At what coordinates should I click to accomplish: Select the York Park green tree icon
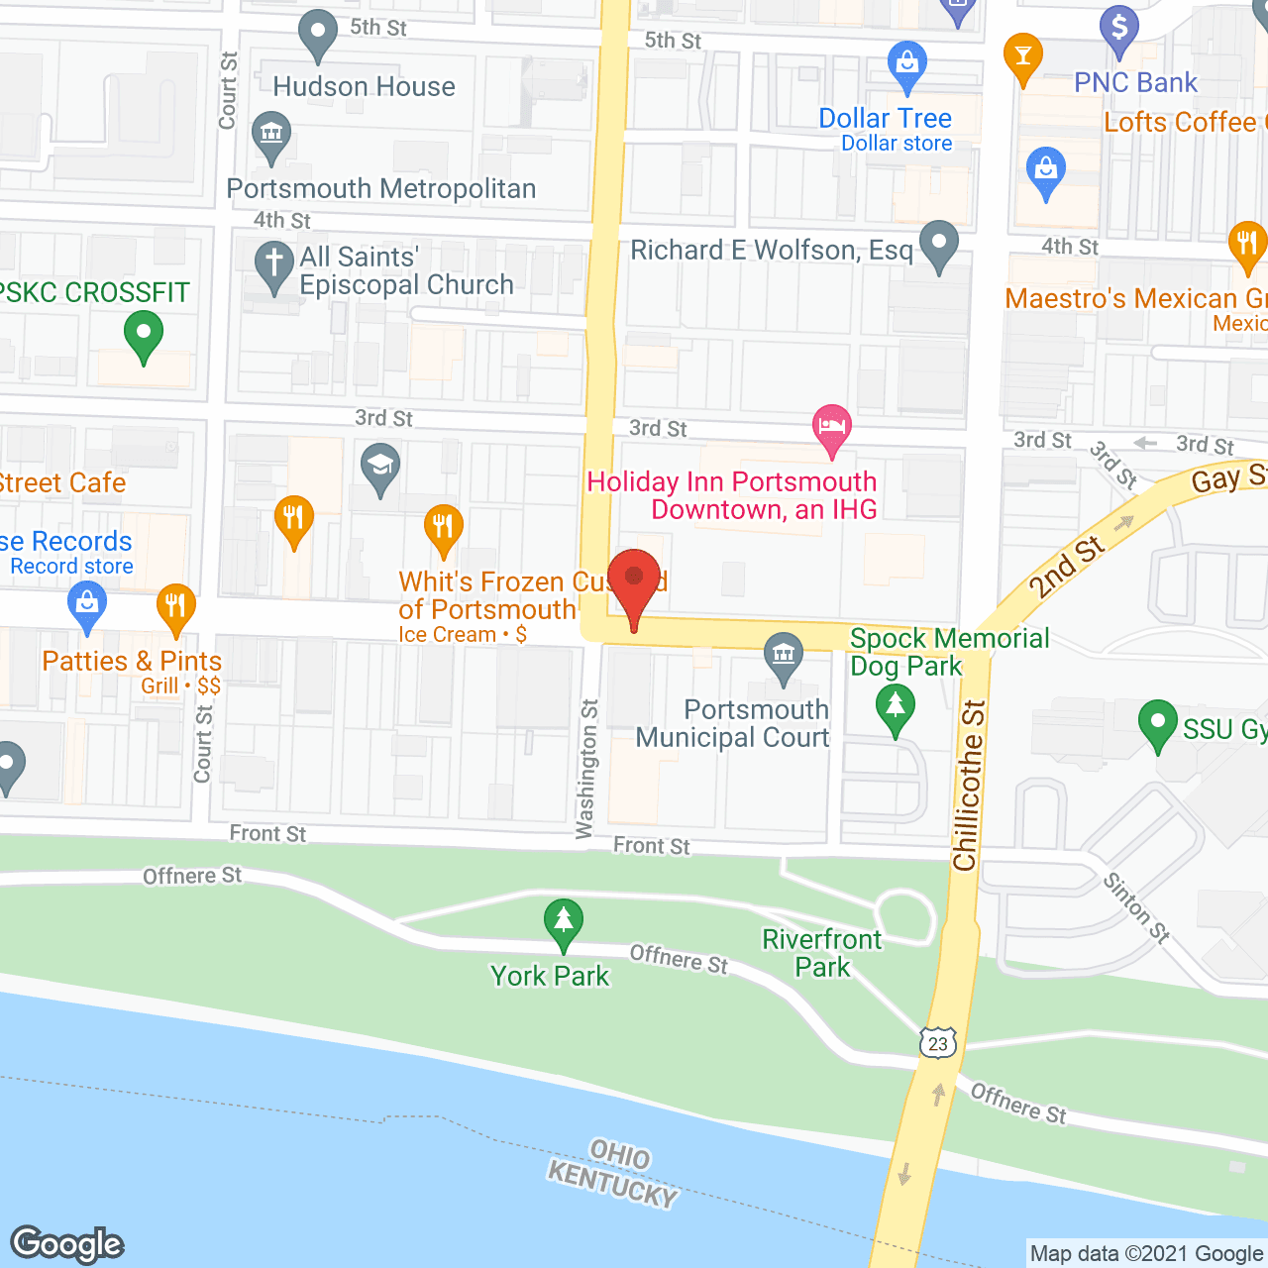(x=564, y=921)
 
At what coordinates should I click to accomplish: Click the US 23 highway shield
(x=938, y=1042)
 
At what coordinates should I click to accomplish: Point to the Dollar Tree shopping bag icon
(x=906, y=65)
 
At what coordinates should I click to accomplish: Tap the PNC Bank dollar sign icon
(x=1119, y=30)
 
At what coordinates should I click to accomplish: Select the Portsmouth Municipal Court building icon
(x=784, y=656)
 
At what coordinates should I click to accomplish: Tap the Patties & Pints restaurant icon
(x=175, y=606)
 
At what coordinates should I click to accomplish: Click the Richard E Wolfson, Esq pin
(x=938, y=244)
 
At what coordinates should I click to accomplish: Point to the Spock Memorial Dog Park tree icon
(x=896, y=708)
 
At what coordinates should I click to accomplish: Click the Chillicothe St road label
(x=968, y=785)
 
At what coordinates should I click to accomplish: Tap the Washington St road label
(x=587, y=769)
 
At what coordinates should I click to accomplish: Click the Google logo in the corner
(x=67, y=1244)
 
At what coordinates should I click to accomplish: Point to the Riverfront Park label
(x=822, y=953)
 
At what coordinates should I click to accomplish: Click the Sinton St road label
(x=1137, y=906)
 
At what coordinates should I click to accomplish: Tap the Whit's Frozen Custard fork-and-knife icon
(x=444, y=527)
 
